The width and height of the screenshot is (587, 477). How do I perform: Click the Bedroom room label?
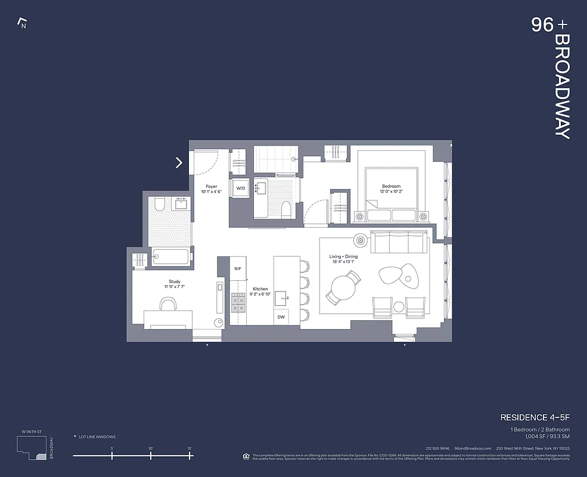point(391,186)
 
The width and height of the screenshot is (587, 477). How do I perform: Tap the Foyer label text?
point(212,186)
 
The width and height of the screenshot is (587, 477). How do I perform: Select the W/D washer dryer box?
point(241,188)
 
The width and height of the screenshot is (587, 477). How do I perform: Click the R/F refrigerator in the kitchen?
point(238,269)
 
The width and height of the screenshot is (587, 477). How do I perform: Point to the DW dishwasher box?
point(281,317)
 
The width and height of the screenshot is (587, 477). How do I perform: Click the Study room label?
point(174,281)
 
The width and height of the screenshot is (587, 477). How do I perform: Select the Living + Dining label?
point(344,257)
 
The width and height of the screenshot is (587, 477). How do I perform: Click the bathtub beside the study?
point(170,257)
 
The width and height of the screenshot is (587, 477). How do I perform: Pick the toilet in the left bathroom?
point(159,205)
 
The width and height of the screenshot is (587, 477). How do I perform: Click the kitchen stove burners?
point(238,306)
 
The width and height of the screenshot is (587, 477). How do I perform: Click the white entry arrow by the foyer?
point(179,162)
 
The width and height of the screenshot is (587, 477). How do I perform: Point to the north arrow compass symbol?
point(23,24)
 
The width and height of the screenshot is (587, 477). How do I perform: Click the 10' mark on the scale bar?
point(151,456)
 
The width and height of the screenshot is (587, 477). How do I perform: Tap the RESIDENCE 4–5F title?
point(534,417)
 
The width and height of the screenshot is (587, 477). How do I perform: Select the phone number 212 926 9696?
point(437,448)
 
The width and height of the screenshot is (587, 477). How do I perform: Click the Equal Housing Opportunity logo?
point(246,456)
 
